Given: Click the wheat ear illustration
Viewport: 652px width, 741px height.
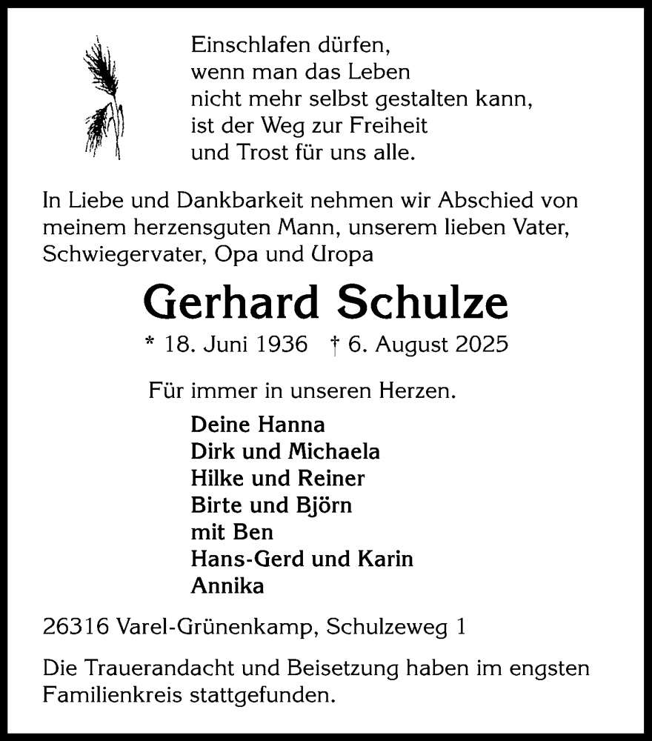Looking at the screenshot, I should [x=103, y=96].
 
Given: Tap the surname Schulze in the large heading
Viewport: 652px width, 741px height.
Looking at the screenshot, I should [x=423, y=303].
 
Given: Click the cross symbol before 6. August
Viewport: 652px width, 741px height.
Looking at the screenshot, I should [x=336, y=345].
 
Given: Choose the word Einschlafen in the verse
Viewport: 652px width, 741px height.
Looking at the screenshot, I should [x=249, y=45].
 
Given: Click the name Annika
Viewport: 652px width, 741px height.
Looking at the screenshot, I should [x=227, y=586].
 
